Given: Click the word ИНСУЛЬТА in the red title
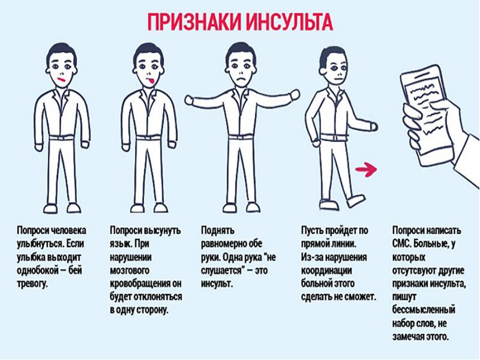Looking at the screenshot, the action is [x=290, y=22].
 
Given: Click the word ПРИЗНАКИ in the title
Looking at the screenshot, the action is [x=194, y=22].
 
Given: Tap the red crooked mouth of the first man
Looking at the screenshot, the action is [x=62, y=80].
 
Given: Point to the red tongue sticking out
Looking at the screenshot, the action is [x=151, y=82].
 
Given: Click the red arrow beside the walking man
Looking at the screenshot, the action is [x=366, y=169].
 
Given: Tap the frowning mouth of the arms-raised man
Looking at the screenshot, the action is [x=242, y=79].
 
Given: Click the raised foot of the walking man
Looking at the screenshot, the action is [x=356, y=200].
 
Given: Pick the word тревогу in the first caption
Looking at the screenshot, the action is [x=32, y=284].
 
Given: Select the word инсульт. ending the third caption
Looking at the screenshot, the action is [x=217, y=283].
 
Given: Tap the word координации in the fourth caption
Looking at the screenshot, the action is [x=326, y=271].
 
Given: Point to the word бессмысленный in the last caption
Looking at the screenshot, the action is [x=424, y=310].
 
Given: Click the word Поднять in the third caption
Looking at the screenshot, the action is [x=218, y=230].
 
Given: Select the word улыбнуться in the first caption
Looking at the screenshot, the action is [x=40, y=244].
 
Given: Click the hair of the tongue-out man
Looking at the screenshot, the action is [x=149, y=53].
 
